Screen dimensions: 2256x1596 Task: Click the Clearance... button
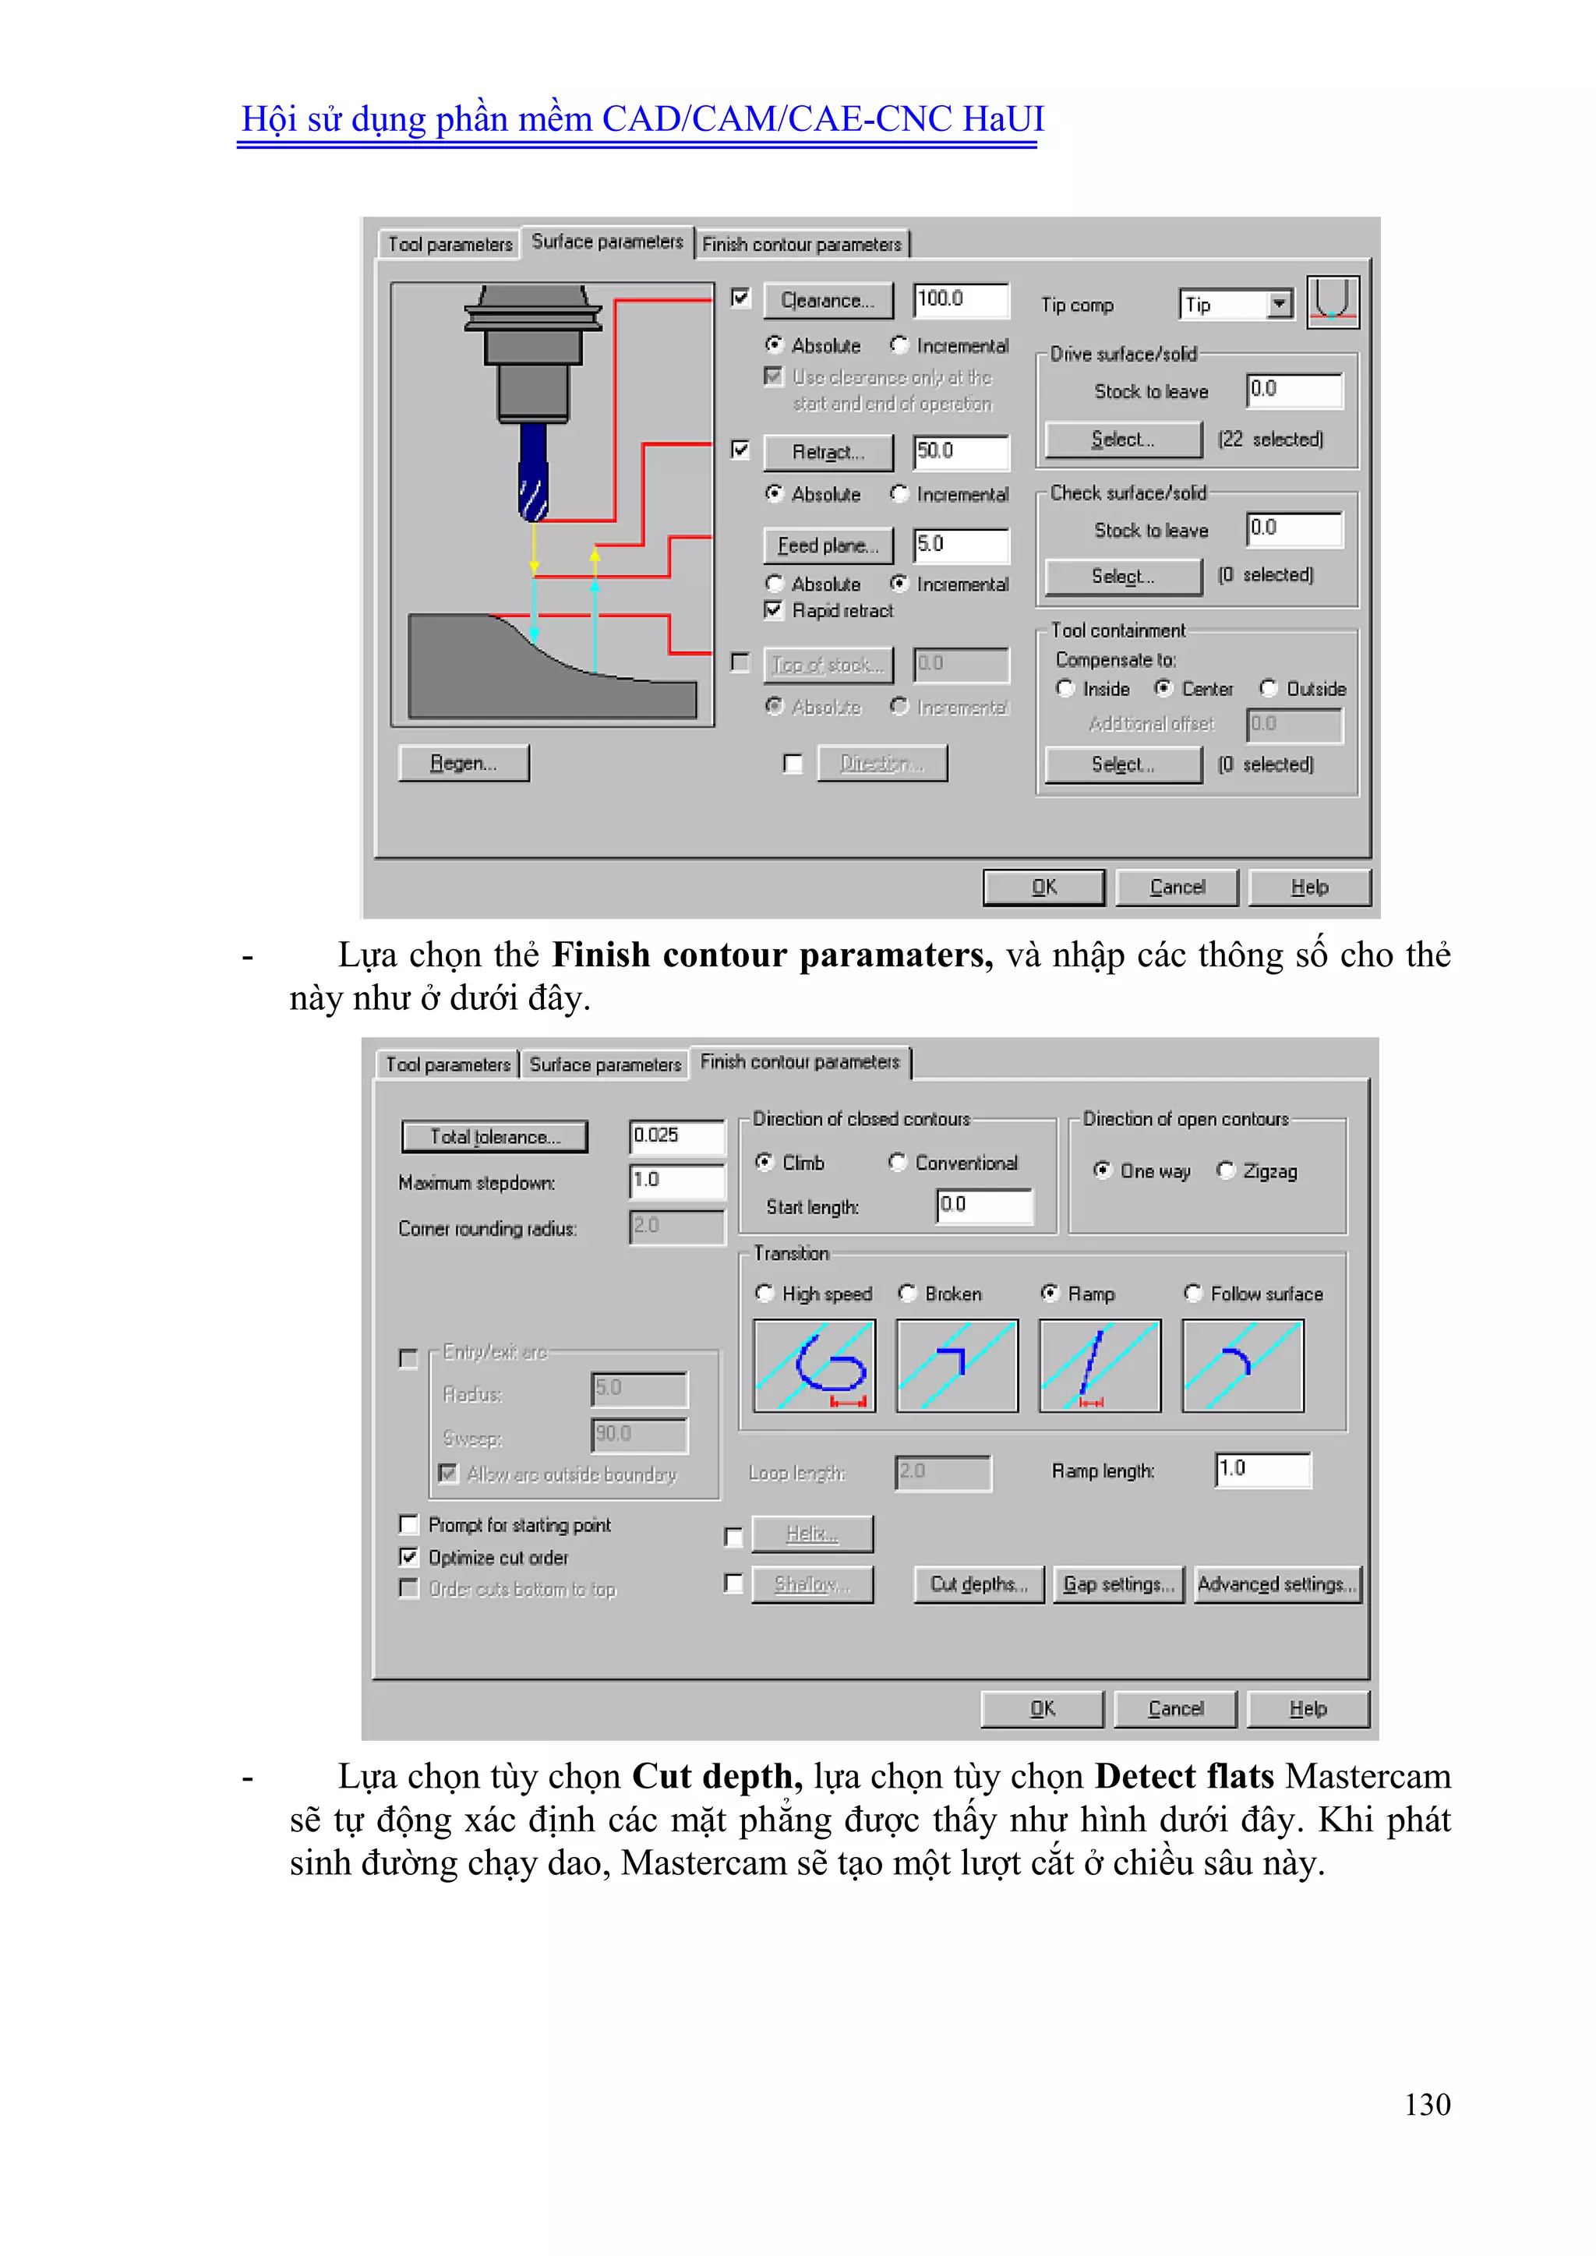pyautogui.click(x=828, y=301)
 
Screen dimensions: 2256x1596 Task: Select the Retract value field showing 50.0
pyautogui.click(x=959, y=452)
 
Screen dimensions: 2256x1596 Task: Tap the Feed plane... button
pyautogui.click(x=828, y=545)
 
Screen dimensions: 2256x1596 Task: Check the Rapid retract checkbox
pyautogui.click(x=773, y=610)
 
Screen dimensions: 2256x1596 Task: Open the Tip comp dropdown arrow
pyautogui.click(x=1279, y=304)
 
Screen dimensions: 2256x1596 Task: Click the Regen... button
pyautogui.click(x=464, y=764)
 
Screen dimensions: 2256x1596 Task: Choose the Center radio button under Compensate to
pyautogui.click(x=1163, y=689)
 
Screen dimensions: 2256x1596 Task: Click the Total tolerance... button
pyautogui.click(x=494, y=1137)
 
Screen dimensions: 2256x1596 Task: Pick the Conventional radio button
pyautogui.click(x=897, y=1163)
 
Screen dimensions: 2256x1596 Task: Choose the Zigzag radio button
pyautogui.click(x=1226, y=1170)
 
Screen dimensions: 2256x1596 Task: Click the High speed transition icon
pyautogui.click(x=814, y=1366)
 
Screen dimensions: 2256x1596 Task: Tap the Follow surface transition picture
pyautogui.click(x=1243, y=1366)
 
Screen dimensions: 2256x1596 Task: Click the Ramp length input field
pyautogui.click(x=1262, y=1470)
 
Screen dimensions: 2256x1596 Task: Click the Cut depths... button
pyautogui.click(x=979, y=1584)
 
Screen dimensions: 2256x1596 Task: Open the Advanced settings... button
pyautogui.click(x=1276, y=1584)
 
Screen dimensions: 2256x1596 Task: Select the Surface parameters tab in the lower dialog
pyautogui.click(x=605, y=1064)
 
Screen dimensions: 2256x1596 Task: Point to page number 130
pyautogui.click(x=1427, y=2104)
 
